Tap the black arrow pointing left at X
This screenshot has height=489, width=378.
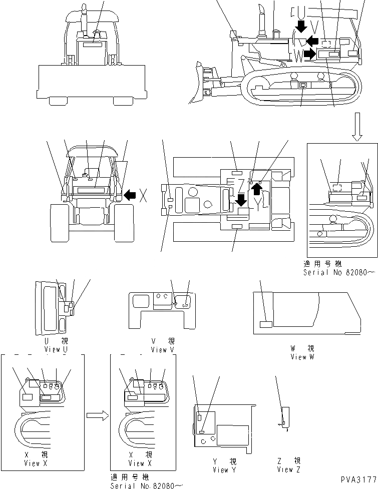pos(129,195)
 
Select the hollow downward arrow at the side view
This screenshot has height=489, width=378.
pos(357,127)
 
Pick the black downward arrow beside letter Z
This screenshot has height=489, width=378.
pos(241,201)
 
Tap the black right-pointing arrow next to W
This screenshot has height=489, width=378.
pos(310,54)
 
